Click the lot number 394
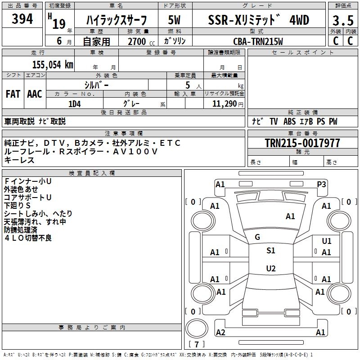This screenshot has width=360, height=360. tap(22, 19)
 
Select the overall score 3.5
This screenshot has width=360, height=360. tap(342, 21)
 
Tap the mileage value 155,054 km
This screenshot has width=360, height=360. tap(53, 64)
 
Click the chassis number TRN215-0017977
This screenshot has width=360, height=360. tap(302, 143)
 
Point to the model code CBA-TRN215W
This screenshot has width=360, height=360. tap(258, 41)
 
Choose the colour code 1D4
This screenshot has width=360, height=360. tap(75, 103)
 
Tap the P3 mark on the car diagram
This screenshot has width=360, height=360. tap(321, 184)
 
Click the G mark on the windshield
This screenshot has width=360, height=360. tap(257, 237)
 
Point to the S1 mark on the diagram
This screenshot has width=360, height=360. tap(271, 251)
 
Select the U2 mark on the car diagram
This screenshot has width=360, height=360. tap(271, 269)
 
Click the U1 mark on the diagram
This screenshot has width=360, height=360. tap(326, 242)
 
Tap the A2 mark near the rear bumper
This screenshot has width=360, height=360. tap(220, 332)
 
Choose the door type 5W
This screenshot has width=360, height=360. tap(175, 20)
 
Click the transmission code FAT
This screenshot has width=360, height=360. tap(13, 94)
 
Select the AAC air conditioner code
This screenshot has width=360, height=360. tap(35, 94)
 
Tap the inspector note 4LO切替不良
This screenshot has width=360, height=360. tap(28, 238)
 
